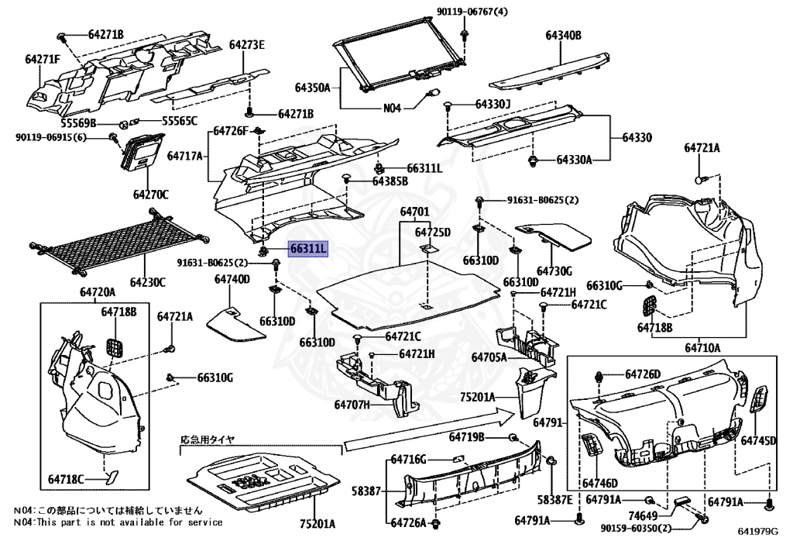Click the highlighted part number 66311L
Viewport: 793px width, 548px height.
click(309, 249)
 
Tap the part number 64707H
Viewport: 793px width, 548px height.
click(353, 405)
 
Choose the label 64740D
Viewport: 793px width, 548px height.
click(232, 278)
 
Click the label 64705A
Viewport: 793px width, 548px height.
click(488, 357)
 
